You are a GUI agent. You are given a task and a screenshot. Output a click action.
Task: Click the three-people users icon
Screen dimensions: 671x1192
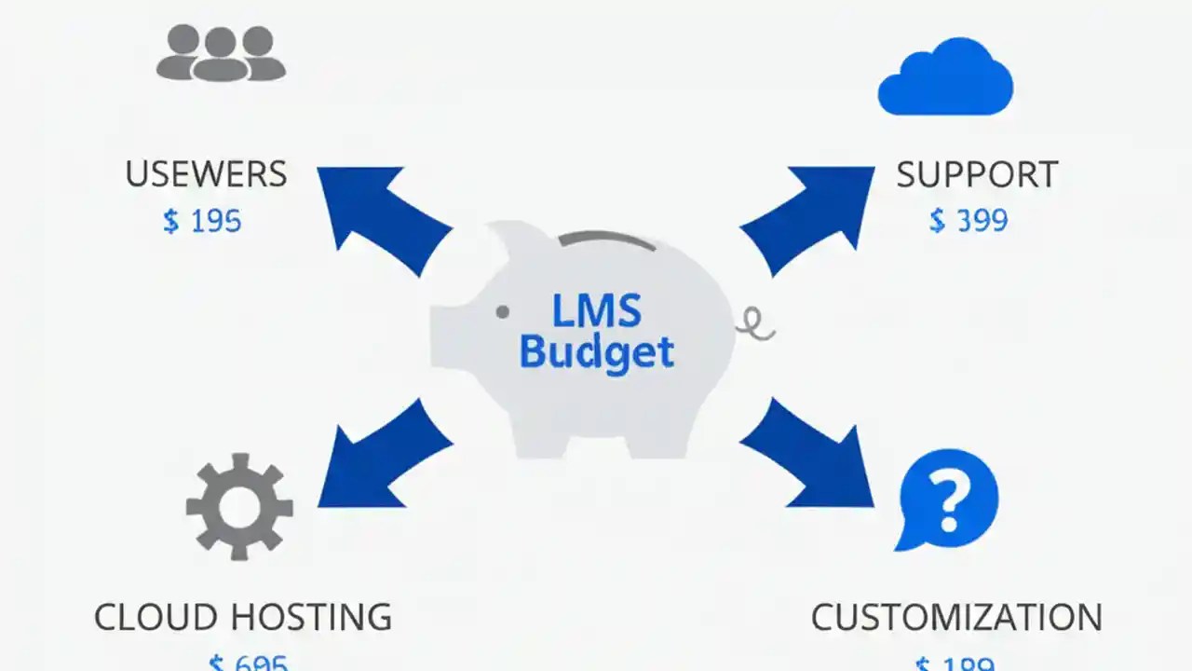click(221, 53)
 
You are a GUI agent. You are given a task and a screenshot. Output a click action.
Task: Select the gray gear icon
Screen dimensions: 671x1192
click(239, 506)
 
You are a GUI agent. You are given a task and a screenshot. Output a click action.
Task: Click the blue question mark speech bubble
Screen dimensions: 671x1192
click(947, 500)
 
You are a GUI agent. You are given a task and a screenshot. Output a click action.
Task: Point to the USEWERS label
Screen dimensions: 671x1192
click(206, 174)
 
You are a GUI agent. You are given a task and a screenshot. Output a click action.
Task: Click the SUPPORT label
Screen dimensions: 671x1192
click(977, 174)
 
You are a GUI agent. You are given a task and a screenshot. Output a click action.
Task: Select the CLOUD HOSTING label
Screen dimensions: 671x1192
click(243, 617)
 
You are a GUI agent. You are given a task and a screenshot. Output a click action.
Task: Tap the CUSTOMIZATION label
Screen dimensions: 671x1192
click(956, 617)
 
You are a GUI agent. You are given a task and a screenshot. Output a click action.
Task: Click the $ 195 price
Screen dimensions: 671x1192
click(202, 221)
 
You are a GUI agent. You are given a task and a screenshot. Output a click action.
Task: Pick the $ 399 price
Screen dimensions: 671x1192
click(968, 221)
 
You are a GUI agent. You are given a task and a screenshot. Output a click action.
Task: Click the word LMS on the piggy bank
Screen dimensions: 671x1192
click(597, 311)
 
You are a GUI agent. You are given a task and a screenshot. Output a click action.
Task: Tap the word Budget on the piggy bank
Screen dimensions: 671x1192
click(597, 353)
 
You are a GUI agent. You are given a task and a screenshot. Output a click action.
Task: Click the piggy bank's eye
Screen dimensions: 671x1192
click(503, 311)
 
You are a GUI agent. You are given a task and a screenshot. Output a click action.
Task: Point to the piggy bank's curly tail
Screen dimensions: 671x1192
click(756, 324)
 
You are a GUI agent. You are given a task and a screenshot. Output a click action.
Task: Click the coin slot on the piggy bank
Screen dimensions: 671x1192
click(606, 240)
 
